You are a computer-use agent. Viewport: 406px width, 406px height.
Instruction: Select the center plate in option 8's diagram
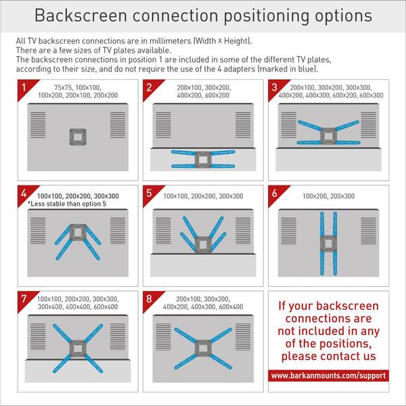(x=202, y=346)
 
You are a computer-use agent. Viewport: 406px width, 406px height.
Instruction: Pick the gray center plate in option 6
(x=329, y=242)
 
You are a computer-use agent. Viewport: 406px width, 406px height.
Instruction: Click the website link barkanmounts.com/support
(x=328, y=375)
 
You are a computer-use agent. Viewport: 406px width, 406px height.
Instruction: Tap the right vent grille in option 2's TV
(x=244, y=125)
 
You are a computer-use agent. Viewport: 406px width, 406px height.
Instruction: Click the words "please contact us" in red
(x=329, y=356)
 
